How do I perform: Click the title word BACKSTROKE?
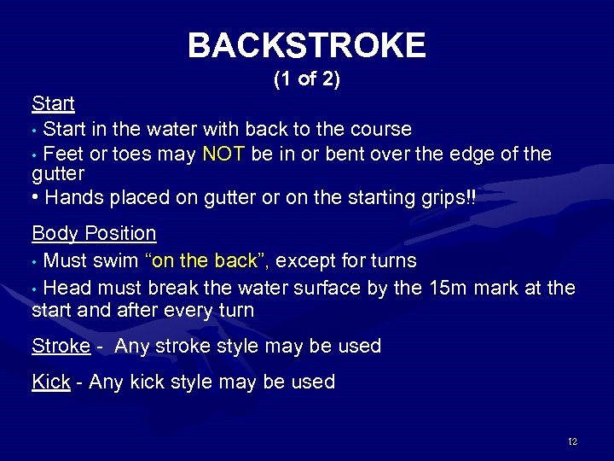tap(306, 45)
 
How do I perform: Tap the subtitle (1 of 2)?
tap(307, 80)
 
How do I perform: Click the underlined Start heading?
tap(53, 104)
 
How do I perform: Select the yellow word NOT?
tap(223, 155)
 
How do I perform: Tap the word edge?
tap(474, 155)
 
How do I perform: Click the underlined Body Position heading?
tap(94, 233)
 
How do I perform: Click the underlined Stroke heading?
tap(61, 346)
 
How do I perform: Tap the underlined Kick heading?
tap(50, 382)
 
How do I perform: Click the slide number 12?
tap(572, 441)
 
